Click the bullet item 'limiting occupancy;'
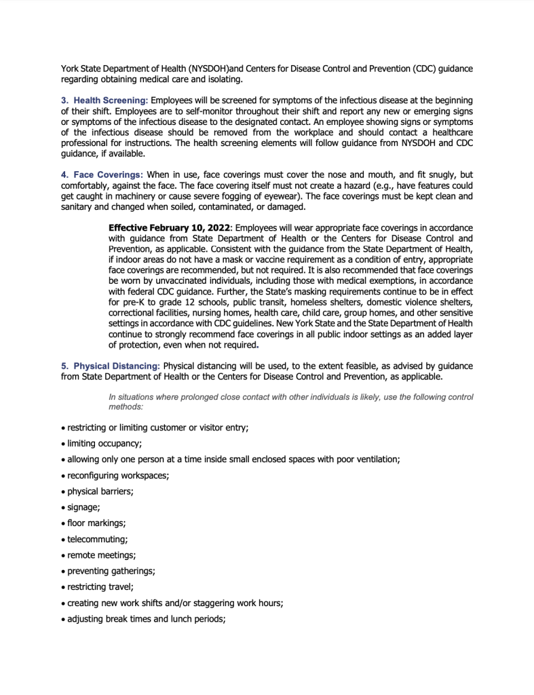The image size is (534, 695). tap(104, 443)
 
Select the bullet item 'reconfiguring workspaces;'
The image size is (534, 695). tap(117, 476)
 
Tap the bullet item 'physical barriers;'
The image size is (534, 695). tap(100, 491)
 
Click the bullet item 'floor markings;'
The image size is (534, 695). tap(96, 524)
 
